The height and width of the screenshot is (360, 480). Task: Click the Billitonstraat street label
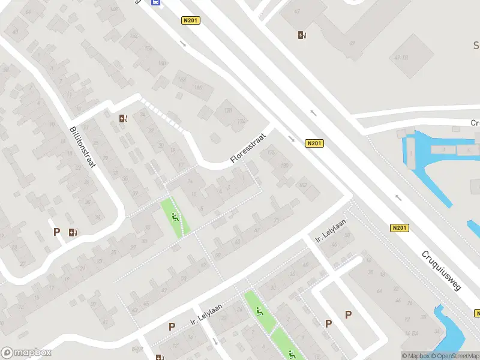click(82, 147)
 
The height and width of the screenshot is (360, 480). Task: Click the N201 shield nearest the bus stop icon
click(190, 21)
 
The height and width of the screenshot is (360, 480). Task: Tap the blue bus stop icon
click(156, 2)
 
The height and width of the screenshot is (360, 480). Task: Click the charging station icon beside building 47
click(302, 35)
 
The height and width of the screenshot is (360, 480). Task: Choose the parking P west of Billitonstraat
click(57, 232)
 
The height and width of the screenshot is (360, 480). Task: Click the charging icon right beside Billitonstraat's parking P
click(73, 232)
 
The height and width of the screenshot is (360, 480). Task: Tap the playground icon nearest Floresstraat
click(175, 218)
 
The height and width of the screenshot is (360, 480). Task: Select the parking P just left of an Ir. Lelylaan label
click(172, 327)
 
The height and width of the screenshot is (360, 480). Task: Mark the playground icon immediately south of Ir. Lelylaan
click(259, 311)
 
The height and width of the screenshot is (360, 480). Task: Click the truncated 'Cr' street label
click(475, 123)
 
